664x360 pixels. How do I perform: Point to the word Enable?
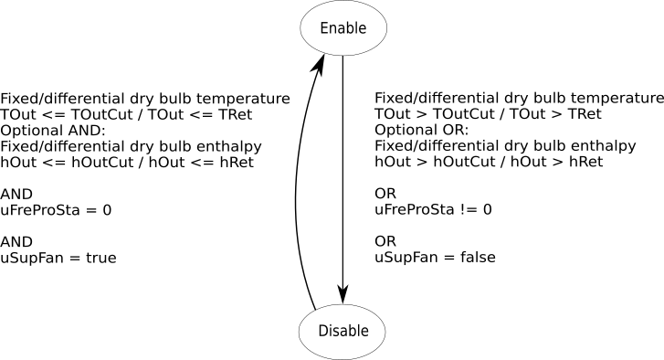coord(343,28)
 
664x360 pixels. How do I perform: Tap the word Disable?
coord(343,331)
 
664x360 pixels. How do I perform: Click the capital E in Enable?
coord(323,28)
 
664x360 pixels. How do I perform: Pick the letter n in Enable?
coord(332,29)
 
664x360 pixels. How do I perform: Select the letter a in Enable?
coord(340,29)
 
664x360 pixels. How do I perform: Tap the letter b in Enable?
coord(348,28)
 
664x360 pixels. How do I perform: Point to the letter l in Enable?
coord(354,28)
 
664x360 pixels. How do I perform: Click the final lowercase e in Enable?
coord(361,29)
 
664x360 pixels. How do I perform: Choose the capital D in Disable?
coord(322,331)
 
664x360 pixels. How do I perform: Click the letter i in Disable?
coord(330,331)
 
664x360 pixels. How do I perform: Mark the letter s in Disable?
coord(335,332)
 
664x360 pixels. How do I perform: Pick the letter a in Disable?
coord(343,332)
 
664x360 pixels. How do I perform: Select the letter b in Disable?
coord(351,331)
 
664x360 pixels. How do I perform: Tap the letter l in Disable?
coord(357,331)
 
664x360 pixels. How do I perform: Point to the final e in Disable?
coord(364,332)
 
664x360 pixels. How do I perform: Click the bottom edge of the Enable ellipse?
coord(343,54)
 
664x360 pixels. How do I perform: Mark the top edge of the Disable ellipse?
coord(343,306)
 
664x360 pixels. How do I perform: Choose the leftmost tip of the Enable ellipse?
coord(301,28)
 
